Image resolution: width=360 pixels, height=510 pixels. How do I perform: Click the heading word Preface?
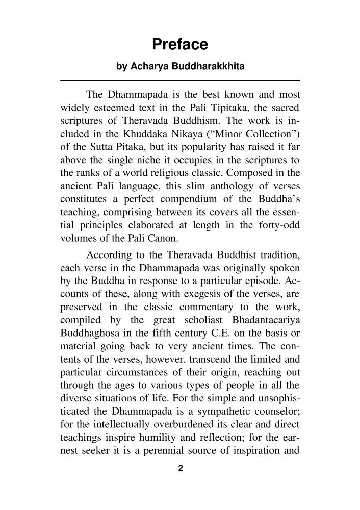point(180,45)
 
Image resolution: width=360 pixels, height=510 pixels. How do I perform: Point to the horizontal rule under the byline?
point(180,80)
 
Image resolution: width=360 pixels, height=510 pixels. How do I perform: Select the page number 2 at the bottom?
point(180,469)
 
